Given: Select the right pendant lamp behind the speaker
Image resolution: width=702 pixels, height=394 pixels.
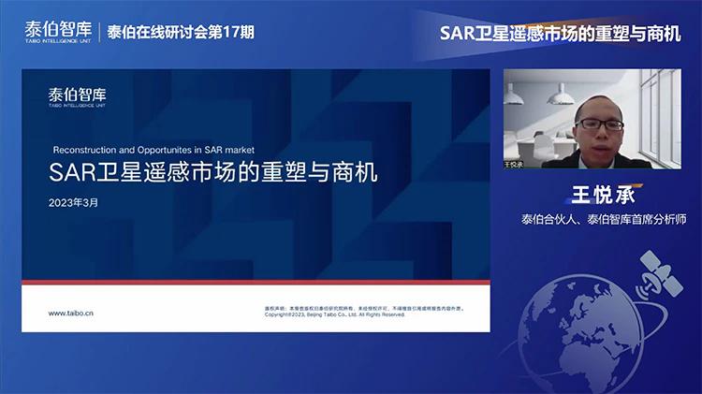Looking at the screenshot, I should tap(566, 92).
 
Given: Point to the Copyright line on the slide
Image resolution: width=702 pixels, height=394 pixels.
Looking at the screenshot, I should tap(336, 314).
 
